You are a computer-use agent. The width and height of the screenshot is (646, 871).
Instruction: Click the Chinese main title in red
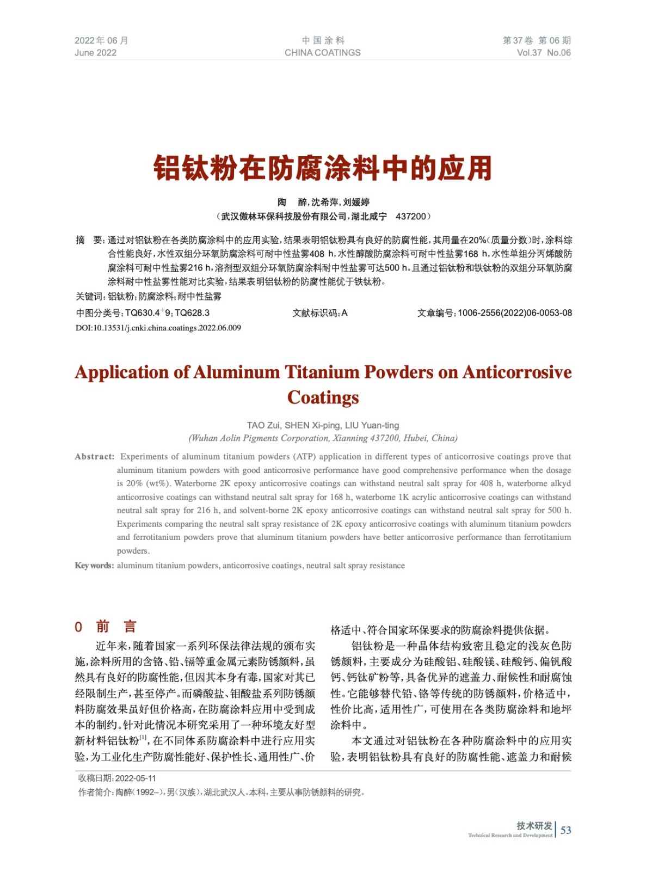(x=323, y=168)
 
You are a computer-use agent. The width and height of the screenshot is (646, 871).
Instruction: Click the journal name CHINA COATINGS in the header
(x=323, y=53)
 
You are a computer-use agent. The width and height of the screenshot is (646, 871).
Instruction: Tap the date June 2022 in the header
(x=96, y=53)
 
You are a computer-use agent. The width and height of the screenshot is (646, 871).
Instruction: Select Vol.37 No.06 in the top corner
(x=544, y=53)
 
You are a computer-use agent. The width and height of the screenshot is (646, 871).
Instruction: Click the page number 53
(x=566, y=830)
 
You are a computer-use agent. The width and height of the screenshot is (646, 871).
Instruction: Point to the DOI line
(x=158, y=328)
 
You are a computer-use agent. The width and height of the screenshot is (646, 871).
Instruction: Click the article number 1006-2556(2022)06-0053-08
(x=514, y=313)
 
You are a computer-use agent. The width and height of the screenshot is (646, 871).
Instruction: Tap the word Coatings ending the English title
(x=323, y=398)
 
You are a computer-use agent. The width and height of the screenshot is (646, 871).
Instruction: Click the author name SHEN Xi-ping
(x=312, y=425)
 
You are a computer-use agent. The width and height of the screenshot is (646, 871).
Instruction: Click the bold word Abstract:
(x=95, y=457)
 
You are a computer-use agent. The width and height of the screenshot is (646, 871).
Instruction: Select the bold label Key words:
(x=95, y=566)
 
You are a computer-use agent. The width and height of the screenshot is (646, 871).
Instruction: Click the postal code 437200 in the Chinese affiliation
(x=411, y=217)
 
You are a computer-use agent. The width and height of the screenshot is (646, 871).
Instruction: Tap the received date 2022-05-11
(x=136, y=778)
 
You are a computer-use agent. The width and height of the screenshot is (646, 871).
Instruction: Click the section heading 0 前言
(x=106, y=627)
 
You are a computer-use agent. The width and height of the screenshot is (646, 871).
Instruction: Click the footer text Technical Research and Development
(x=510, y=836)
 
